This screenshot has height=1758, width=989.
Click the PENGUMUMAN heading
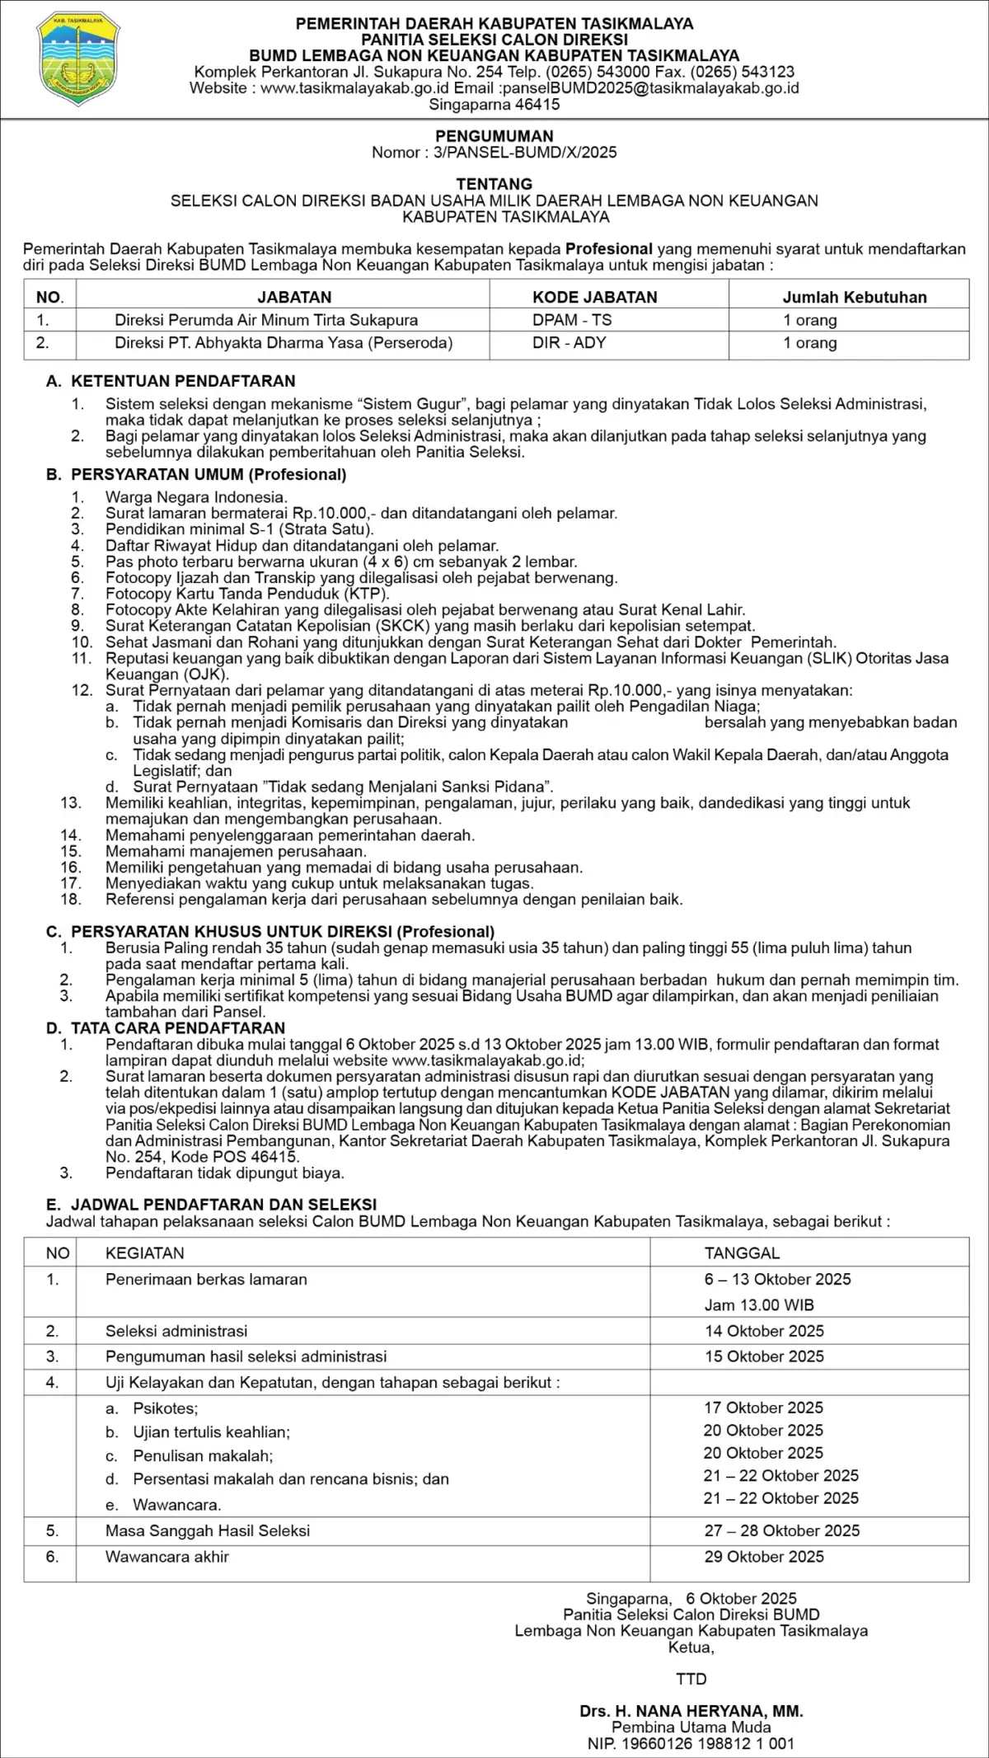tap(494, 136)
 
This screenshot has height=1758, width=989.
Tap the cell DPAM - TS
tap(572, 320)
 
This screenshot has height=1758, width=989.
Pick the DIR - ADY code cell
tap(569, 343)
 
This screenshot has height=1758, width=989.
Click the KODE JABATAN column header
tap(595, 297)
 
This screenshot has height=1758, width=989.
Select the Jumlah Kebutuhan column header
tap(855, 297)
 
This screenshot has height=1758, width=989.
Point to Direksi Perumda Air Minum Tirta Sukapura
tap(266, 320)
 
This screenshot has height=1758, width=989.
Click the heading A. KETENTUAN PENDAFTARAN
tap(171, 381)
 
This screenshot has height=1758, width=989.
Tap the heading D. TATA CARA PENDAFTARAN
tap(166, 1028)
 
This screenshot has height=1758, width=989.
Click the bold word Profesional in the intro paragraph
tap(609, 249)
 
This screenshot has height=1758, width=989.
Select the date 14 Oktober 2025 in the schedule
tap(764, 1331)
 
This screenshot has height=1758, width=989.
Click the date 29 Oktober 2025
tap(764, 1557)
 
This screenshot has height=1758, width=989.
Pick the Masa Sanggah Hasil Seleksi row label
tap(208, 1531)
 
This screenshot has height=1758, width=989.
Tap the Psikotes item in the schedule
tap(166, 1408)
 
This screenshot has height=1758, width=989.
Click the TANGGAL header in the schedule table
tap(742, 1253)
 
